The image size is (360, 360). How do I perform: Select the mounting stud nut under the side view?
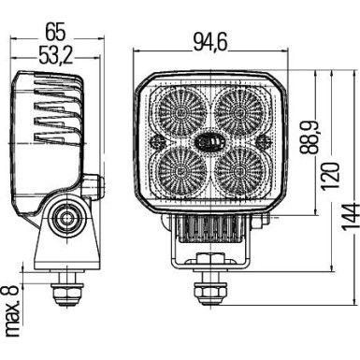click(x=65, y=291)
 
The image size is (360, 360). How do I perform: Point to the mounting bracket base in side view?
click(x=65, y=252)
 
